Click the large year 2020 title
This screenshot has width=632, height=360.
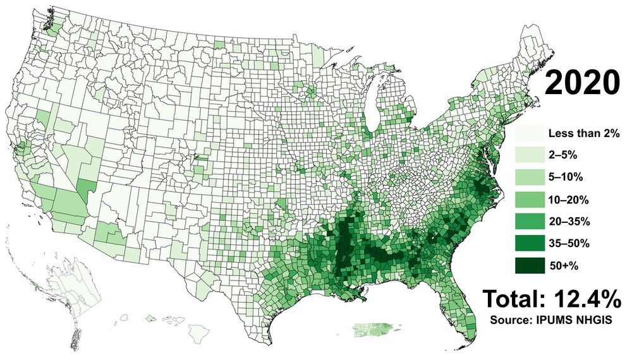coord(583,83)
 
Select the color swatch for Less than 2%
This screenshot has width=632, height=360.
coord(529,133)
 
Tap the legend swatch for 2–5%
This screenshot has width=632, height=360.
coord(529,155)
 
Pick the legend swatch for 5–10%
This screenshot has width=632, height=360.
coord(529,177)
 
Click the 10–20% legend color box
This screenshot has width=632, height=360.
coord(529,200)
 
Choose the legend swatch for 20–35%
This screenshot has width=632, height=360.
coord(529,222)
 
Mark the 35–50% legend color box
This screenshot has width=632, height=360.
coord(529,244)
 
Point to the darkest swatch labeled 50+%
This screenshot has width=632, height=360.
coord(529,266)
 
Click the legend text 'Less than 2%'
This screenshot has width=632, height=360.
coord(583,133)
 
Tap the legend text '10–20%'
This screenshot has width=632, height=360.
coord(569,200)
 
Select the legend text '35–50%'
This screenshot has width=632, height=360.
coord(569,244)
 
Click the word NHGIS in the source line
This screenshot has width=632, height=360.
coord(595,320)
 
